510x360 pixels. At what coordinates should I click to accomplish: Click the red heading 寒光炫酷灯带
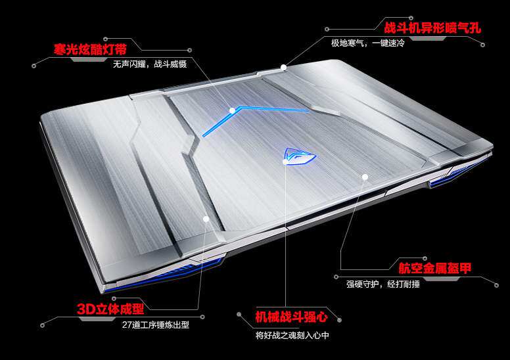coord(90,49)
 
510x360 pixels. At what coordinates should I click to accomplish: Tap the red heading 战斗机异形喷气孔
coord(432,28)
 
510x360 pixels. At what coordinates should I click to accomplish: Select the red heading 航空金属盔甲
coord(434,267)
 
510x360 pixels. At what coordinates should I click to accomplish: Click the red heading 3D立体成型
coord(110,308)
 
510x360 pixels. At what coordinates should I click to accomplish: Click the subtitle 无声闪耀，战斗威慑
coord(150,64)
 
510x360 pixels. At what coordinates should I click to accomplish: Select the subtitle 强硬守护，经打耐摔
coord(383,284)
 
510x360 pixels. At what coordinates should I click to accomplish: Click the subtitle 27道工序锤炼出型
coord(156,324)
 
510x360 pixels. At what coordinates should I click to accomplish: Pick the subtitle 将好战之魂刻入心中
coord(292,335)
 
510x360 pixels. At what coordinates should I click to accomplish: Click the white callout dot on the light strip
coord(232,110)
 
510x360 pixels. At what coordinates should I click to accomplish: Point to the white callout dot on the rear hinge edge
coord(284,66)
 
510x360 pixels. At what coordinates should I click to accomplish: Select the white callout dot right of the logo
coord(365,176)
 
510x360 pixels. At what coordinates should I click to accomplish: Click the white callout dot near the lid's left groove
coord(206,218)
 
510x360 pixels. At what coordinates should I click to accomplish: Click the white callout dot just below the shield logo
coord(285,164)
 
